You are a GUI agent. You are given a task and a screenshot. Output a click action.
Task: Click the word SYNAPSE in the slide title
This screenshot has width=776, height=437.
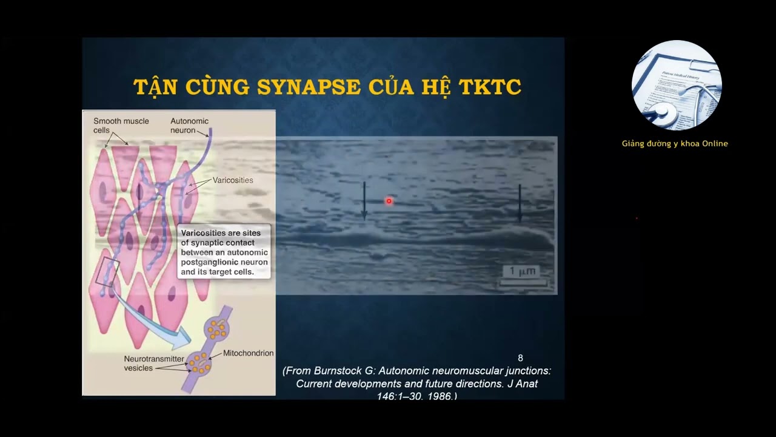[309, 87]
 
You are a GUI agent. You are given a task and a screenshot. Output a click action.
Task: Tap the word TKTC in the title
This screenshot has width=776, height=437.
[490, 87]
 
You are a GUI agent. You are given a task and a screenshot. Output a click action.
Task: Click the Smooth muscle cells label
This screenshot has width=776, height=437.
[121, 126]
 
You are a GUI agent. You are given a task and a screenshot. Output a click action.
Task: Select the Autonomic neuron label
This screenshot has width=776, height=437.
[189, 126]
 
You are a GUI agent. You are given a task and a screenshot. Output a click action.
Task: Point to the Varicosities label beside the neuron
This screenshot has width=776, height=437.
[233, 180]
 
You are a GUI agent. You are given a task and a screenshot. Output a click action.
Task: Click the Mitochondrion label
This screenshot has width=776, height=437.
[248, 353]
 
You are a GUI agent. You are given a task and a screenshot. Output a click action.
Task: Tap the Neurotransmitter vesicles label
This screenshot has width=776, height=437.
[153, 364]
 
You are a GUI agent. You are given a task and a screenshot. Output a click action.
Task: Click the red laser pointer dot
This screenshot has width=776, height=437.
[389, 201]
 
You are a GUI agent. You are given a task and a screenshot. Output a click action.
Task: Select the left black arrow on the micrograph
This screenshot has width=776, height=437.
[364, 200]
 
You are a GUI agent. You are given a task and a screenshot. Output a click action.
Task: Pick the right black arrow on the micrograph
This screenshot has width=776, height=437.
[520, 203]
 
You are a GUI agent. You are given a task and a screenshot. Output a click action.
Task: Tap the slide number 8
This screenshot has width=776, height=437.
[520, 358]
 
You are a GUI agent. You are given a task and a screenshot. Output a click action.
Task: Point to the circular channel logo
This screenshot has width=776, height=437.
[676, 86]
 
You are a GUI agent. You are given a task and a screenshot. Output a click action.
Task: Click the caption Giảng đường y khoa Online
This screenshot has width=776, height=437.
[675, 144]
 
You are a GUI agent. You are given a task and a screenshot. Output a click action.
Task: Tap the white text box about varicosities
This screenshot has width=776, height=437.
[224, 252]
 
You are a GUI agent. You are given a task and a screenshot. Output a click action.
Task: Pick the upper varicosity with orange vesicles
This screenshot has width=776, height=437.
[216, 328]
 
